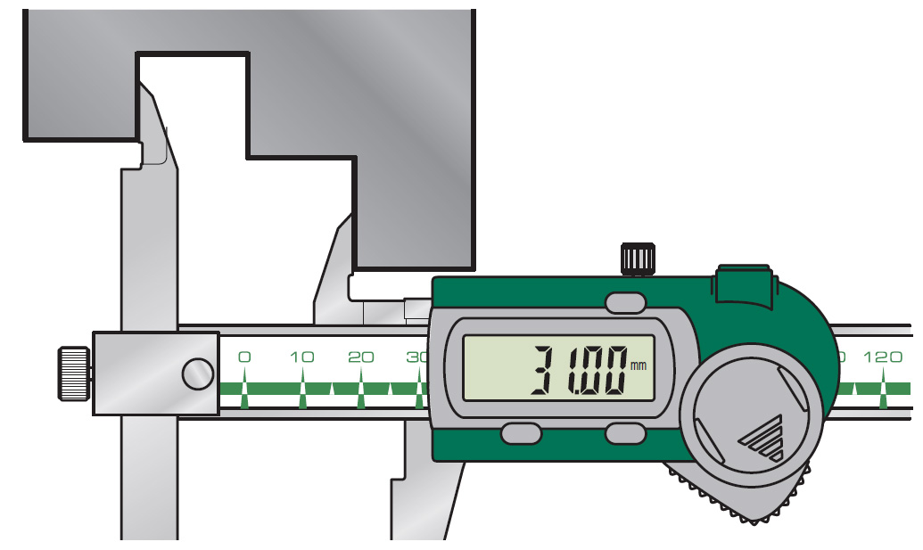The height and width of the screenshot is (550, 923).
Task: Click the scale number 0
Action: (244, 357)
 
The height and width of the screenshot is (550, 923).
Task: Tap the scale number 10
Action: (302, 357)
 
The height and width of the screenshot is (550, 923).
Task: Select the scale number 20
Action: (360, 357)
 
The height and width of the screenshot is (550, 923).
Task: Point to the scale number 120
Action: (882, 357)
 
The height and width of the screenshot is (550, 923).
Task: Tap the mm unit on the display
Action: (639, 365)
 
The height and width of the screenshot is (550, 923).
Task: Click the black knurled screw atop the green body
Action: (638, 259)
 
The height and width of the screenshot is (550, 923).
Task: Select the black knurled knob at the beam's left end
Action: (74, 374)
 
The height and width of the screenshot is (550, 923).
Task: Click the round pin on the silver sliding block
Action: (198, 374)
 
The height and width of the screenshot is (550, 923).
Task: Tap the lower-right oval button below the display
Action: (625, 434)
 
